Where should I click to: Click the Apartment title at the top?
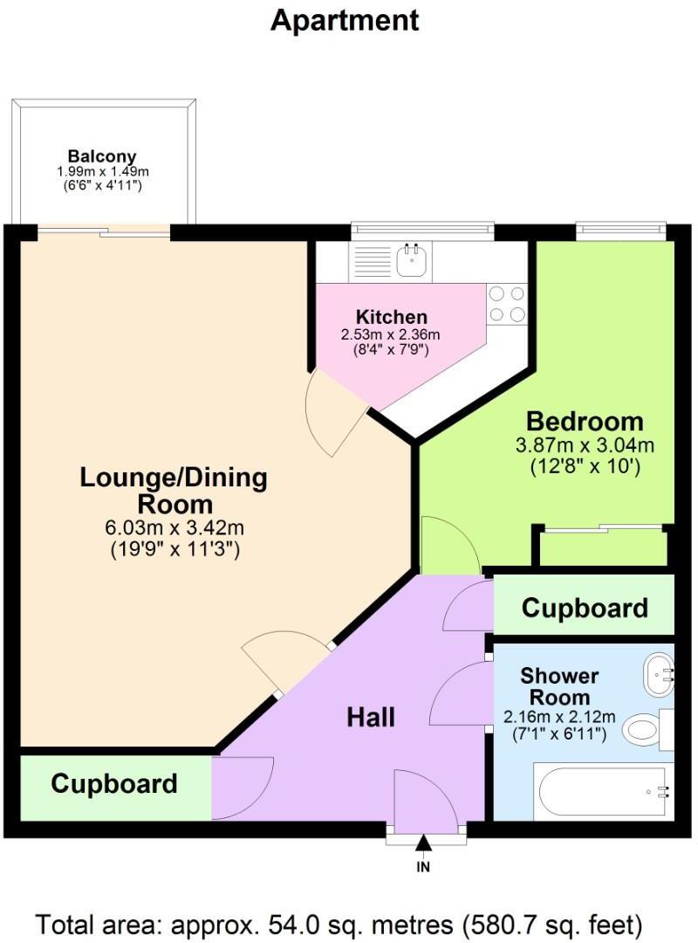coord(345,19)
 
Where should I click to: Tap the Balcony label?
coord(104,157)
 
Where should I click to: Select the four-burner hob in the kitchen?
coord(507,304)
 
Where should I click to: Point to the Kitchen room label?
coord(391,317)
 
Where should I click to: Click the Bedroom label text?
coord(585,422)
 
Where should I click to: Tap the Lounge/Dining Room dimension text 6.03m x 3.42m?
coord(175,528)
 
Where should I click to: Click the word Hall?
coord(371,717)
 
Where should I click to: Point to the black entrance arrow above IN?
coord(423,843)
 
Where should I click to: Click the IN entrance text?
coord(423,867)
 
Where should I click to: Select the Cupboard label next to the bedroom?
coord(585,608)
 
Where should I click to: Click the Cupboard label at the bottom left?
coord(113,783)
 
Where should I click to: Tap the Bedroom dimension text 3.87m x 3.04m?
coord(585,445)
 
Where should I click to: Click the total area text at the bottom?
coord(339,922)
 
